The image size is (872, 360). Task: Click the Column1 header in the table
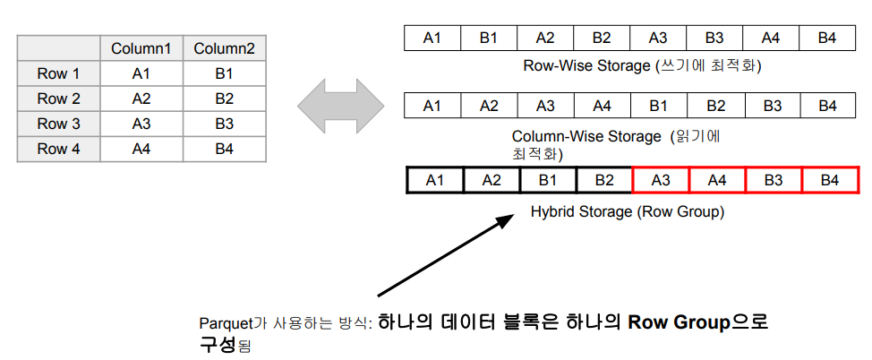(x=141, y=48)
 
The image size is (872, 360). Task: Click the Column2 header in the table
(x=224, y=48)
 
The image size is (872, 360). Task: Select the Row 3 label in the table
(x=58, y=124)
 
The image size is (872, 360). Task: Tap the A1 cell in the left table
(x=141, y=73)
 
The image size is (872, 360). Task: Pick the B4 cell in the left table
(x=224, y=149)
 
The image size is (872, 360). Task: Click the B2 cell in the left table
(x=224, y=99)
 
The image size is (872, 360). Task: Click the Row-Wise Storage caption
(x=647, y=66)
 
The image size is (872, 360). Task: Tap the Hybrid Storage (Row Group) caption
(x=627, y=212)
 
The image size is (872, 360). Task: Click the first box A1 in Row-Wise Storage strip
(x=432, y=38)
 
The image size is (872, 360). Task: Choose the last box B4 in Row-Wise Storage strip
(x=827, y=38)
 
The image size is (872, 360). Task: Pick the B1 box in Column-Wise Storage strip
(x=658, y=106)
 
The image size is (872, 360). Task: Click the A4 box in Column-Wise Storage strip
(x=602, y=106)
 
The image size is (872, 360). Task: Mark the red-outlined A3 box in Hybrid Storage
(x=660, y=180)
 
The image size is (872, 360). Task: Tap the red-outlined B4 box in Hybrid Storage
(x=829, y=180)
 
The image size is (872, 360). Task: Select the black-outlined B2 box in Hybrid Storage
(x=603, y=180)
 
